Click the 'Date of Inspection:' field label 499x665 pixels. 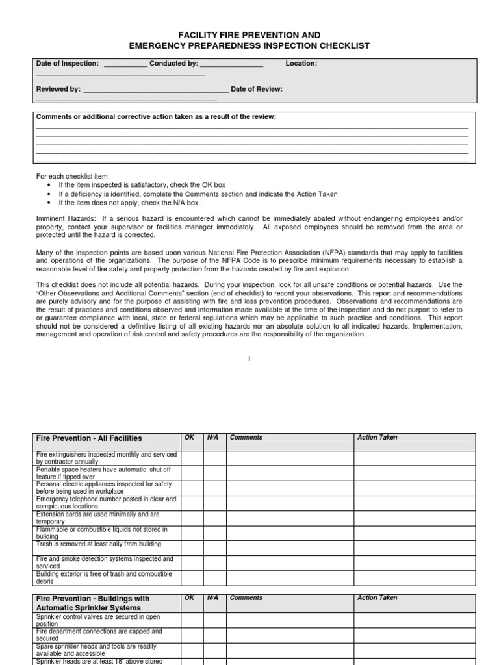(x=68, y=64)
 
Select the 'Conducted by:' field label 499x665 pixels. (x=173, y=64)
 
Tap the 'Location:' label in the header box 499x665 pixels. (x=301, y=64)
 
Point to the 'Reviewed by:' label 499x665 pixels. (x=58, y=90)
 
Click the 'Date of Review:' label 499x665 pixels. (x=257, y=90)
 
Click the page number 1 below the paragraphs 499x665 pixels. (x=249, y=358)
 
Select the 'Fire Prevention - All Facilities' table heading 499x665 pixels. (x=89, y=438)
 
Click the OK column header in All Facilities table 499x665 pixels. (x=190, y=438)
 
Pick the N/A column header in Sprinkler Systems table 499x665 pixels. (x=212, y=598)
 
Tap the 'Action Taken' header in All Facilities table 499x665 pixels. (x=377, y=438)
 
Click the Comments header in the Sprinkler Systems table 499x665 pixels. (x=246, y=598)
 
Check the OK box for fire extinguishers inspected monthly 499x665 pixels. (x=192, y=458)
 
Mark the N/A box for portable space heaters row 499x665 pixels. (x=214, y=473)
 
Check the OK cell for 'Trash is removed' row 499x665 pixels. (x=192, y=547)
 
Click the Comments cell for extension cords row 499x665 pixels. (x=290, y=518)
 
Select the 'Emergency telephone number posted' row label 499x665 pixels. (x=106, y=503)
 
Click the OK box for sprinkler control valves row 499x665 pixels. (x=192, y=620)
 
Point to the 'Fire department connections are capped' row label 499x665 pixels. (x=99, y=634)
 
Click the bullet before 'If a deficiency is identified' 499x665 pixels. (x=50, y=194)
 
